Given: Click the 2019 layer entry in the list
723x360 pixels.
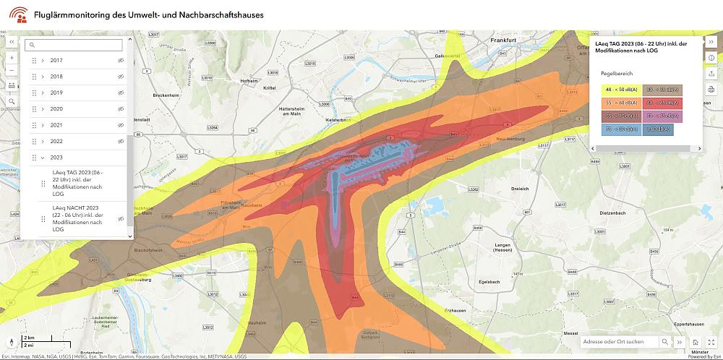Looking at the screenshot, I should pos(57,93).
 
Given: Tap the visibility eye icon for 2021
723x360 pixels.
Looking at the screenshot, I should pos(121,125).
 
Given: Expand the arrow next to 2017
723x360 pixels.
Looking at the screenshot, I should pos(43,60).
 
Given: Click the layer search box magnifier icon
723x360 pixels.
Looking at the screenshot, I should pos(33,45).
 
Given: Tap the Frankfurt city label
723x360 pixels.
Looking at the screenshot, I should pos(507,40).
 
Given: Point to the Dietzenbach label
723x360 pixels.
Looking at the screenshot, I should pos(612,213).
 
